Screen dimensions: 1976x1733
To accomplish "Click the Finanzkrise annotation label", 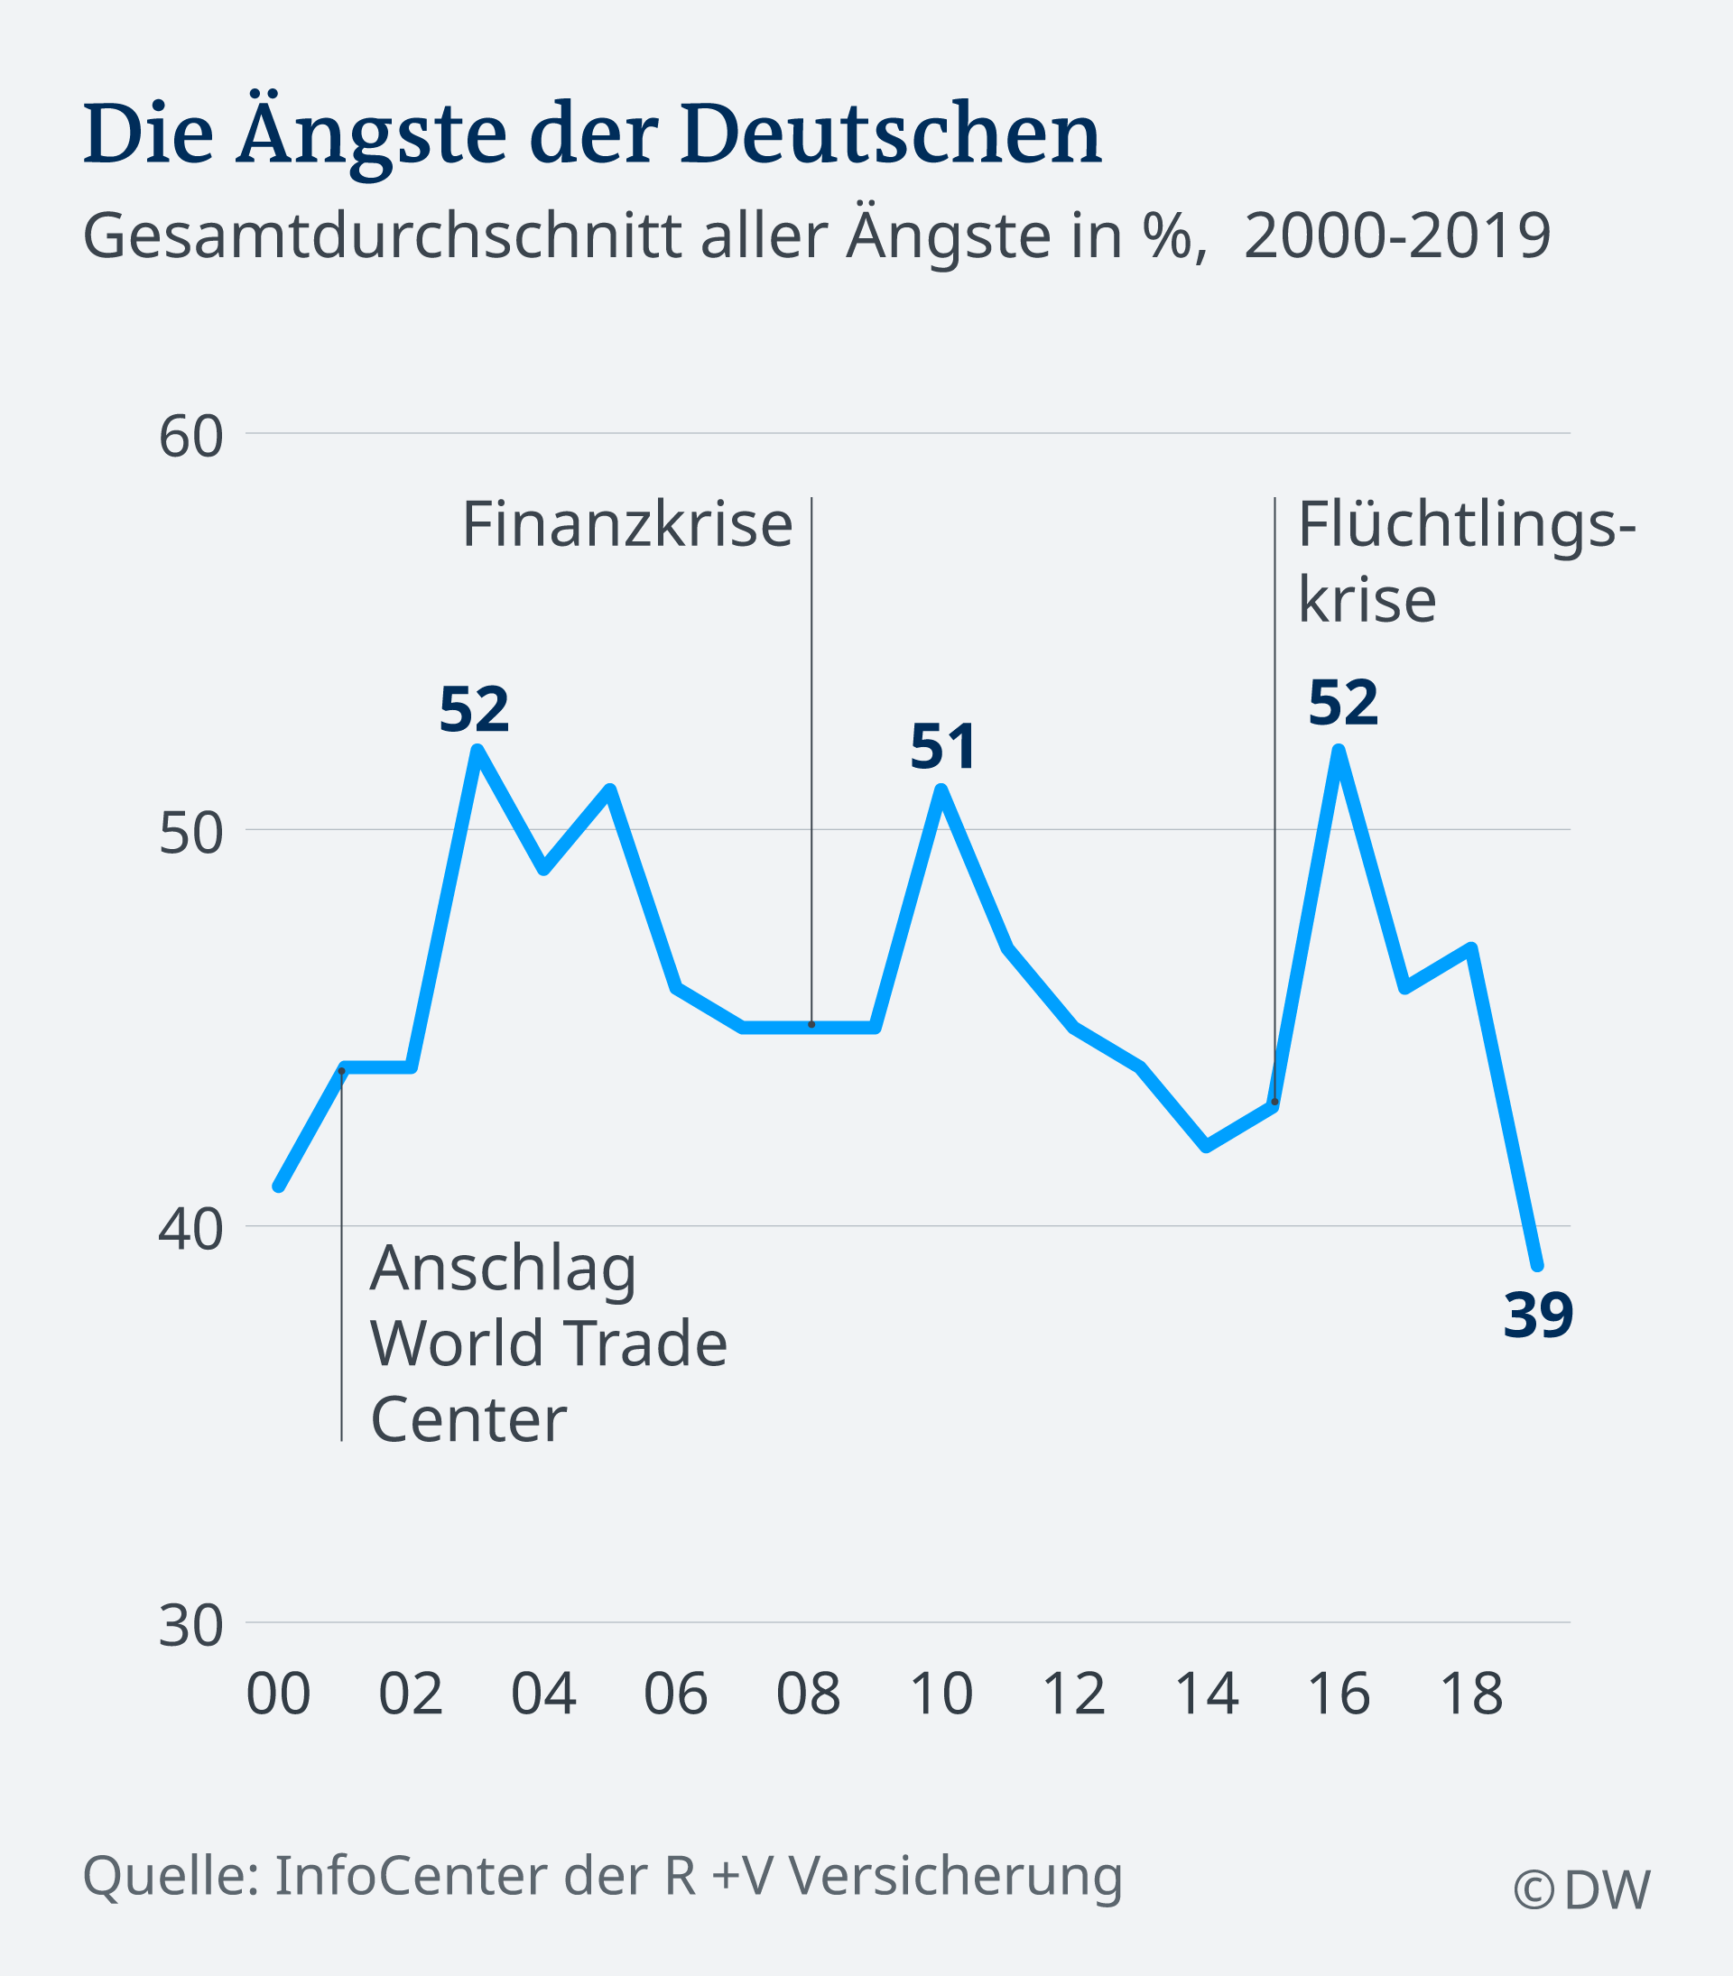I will coord(626,525).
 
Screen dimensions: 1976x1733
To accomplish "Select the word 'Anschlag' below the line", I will coord(503,1270).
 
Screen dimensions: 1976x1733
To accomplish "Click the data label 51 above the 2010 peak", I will coord(943,747).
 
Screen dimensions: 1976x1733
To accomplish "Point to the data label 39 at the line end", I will coord(1538,1316).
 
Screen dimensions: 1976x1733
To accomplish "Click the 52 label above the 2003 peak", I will coord(474,711).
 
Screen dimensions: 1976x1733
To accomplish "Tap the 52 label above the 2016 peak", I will coord(1342,703).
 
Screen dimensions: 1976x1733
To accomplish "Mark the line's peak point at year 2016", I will coord(1339,750).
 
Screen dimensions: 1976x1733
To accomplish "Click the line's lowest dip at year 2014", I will coord(1206,1147).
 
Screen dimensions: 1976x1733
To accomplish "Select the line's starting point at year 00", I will coord(279,1187).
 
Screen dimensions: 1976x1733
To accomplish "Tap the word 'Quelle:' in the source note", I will coord(171,1878).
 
